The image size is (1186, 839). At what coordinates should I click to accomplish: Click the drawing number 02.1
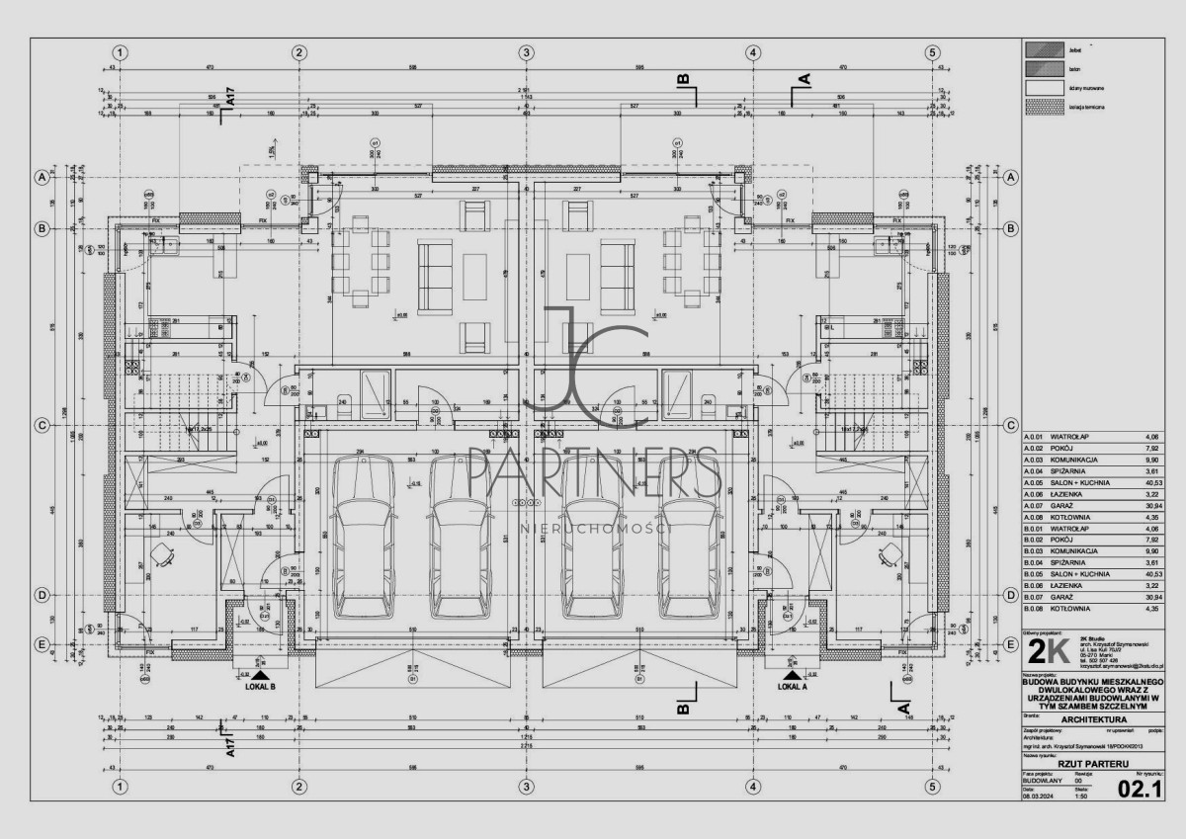[x=1138, y=789]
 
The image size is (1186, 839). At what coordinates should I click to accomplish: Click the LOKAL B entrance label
[x=258, y=686]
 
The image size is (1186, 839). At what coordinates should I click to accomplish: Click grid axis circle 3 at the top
[x=527, y=52]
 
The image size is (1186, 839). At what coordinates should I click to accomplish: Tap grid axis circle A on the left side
[x=42, y=178]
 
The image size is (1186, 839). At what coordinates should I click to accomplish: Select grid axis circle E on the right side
[x=1011, y=644]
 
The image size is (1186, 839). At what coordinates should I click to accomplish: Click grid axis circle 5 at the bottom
[x=931, y=788]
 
